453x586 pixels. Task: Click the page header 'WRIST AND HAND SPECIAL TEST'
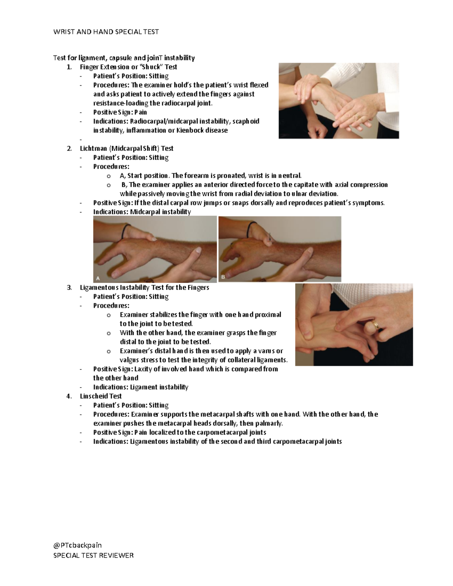106,32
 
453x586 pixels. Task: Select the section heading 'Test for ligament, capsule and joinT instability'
124,58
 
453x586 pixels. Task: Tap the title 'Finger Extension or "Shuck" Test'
128,67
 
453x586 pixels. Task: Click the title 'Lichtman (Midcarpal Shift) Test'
126,148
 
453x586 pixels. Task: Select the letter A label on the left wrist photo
98,278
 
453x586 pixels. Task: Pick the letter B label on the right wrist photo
223,277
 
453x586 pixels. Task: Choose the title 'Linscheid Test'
100,396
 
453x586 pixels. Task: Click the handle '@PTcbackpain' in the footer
77,545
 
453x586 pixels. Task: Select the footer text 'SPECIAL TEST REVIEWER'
93,555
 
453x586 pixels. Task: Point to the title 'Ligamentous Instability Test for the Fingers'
144,287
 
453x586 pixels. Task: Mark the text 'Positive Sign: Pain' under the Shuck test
120,112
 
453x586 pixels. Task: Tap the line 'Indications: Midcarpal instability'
142,212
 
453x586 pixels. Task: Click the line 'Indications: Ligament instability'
140,387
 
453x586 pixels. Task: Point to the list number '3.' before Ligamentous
69,287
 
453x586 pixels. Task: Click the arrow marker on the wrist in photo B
270,238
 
